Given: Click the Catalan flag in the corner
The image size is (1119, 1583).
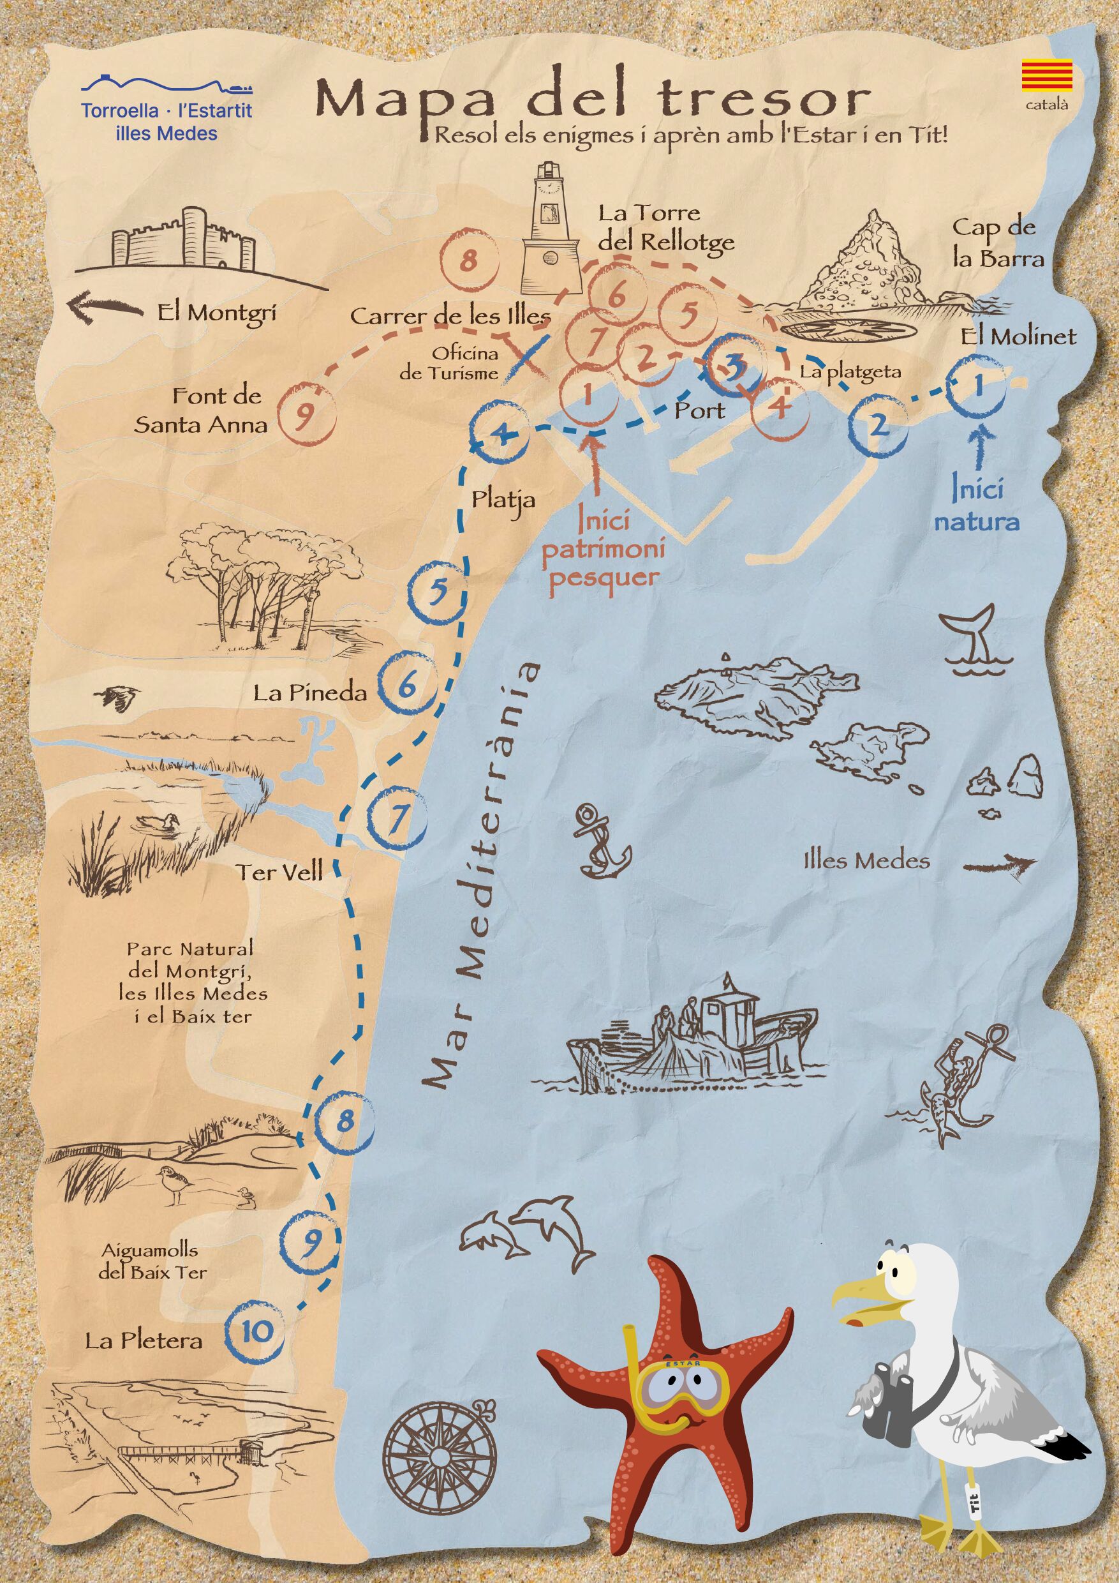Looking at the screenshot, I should (1047, 77).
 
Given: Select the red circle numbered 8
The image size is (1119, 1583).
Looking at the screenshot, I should (468, 263).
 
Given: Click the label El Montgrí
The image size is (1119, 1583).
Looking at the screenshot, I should (216, 313).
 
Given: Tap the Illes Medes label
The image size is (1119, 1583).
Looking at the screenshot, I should (867, 860).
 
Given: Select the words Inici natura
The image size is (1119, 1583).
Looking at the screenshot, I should (976, 506).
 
